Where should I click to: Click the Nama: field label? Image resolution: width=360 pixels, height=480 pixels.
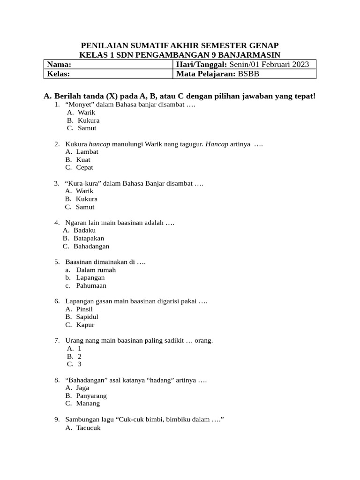pos(59,64)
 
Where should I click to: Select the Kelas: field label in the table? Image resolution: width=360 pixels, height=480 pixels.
pos(59,74)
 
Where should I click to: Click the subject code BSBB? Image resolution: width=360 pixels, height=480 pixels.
pos(248,74)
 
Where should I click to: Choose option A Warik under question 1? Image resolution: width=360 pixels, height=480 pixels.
pos(86,112)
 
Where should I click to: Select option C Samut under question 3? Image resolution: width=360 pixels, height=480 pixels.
pos(85,207)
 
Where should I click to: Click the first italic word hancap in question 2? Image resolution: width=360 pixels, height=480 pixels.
pos(99,144)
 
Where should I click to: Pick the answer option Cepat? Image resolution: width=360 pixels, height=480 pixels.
pos(85,167)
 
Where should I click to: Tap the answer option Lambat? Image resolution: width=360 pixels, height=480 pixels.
pos(87,152)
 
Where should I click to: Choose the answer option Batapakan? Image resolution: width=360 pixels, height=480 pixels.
pos(89,238)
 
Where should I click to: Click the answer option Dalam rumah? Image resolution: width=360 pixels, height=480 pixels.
pos(96,270)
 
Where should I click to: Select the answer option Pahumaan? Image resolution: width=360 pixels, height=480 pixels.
pos(91,285)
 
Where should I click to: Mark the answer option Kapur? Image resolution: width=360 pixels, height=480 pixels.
pos(85,325)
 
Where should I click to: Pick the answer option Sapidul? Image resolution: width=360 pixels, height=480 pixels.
pos(87,317)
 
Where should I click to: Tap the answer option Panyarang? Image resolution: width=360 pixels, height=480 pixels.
pos(91,396)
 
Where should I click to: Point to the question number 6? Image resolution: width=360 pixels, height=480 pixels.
pos(57,301)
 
